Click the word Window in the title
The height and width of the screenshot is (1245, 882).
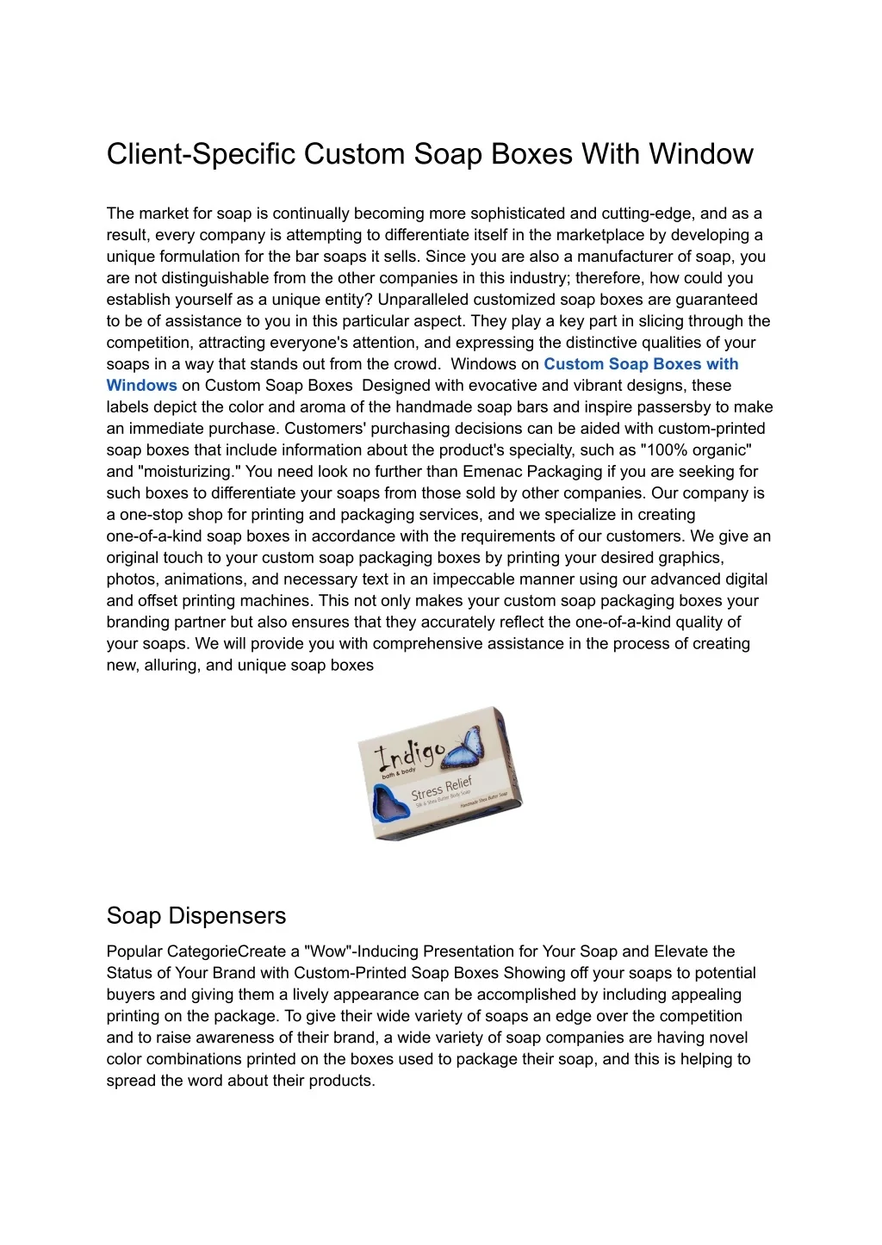[701, 154]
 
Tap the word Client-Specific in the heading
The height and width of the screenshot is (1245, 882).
[201, 154]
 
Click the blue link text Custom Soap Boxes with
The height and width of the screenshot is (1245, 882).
[641, 364]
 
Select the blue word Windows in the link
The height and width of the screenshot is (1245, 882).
[141, 386]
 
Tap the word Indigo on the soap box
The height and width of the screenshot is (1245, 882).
[408, 755]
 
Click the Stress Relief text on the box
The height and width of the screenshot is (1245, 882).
[441, 788]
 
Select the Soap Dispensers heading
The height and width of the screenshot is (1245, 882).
[196, 915]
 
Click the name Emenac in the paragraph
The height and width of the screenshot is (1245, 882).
[493, 472]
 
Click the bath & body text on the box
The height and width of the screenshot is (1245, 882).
[399, 771]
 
